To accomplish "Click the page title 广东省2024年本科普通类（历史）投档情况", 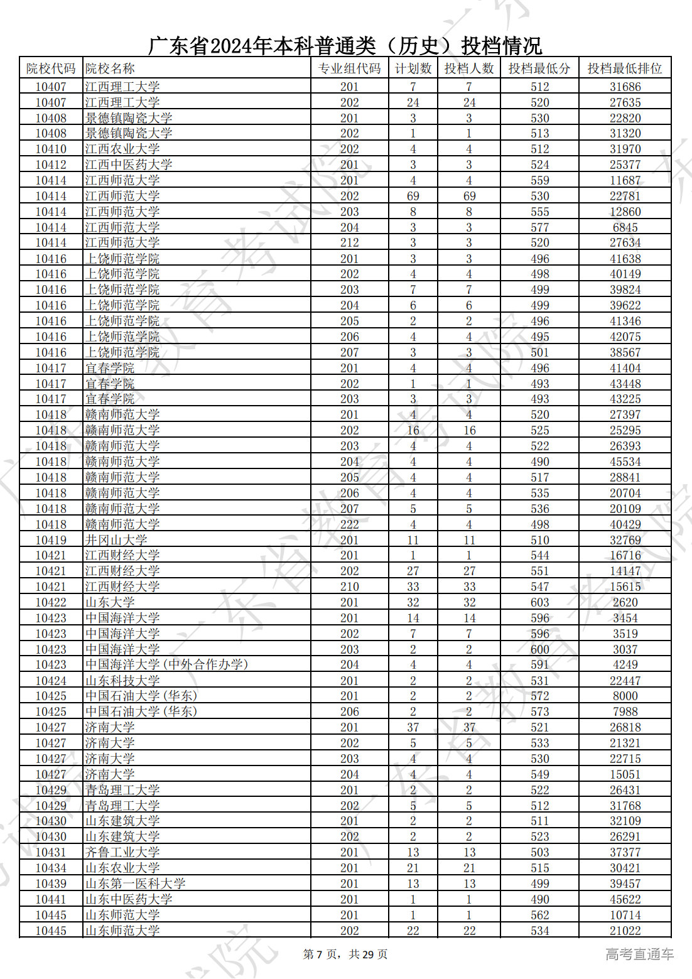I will tap(345, 45).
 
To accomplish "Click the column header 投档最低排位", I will tap(625, 68).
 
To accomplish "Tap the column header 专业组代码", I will tap(349, 68).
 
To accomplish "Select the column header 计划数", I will tap(413, 68).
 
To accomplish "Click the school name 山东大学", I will tap(110, 602).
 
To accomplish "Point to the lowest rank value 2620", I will tap(625, 602).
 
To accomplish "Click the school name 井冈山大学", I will tap(116, 540).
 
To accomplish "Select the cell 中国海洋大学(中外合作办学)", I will tap(166, 664).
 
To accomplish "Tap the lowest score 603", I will tap(539, 602).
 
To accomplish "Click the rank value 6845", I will tap(625, 227).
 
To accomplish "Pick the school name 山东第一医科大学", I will tap(135, 884).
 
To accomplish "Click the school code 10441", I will tap(51, 899).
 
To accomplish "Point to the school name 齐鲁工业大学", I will tap(122, 852).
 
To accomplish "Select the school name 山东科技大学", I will tap(122, 681).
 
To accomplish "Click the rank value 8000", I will tap(625, 696).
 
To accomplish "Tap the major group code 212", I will tap(349, 242).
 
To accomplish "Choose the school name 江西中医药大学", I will tap(129, 165).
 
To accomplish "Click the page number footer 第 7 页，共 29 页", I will tap(345, 955).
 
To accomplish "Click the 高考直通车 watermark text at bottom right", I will tap(639, 955).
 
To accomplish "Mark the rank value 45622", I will tap(625, 899).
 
